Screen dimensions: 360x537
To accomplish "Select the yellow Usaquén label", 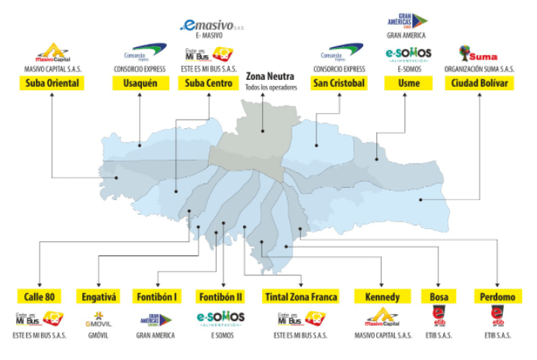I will pyautogui.click(x=140, y=82).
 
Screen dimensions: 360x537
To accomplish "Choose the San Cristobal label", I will pyautogui.click(x=338, y=82).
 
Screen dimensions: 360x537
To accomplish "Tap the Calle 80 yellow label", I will pyautogui.click(x=38, y=296).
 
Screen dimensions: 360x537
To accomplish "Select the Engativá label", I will pyautogui.click(x=99, y=296).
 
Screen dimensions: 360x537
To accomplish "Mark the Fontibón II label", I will pyautogui.click(x=223, y=296).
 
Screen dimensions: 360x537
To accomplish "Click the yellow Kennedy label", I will pyautogui.click(x=382, y=296).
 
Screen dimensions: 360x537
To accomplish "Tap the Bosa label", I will pyautogui.click(x=438, y=296).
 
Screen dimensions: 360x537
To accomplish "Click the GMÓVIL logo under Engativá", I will pyautogui.click(x=99, y=318).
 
